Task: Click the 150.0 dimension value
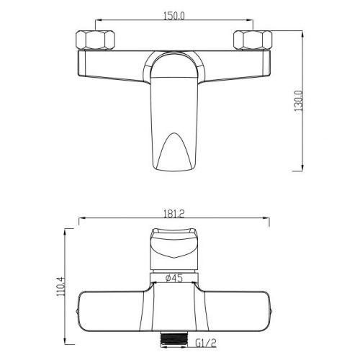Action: point(174,16)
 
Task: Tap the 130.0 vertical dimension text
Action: point(299,101)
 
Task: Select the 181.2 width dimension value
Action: point(174,213)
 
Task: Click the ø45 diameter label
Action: point(174,278)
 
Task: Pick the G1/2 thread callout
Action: point(206,343)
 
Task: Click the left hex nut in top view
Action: point(95,40)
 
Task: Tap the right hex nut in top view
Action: point(253,40)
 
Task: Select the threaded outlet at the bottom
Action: point(174,339)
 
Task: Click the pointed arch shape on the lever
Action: point(174,151)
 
